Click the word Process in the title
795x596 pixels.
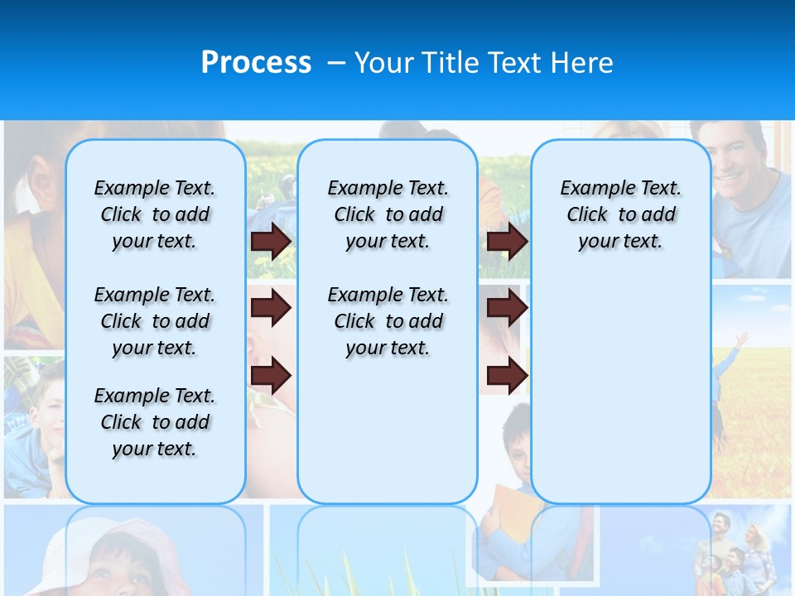(x=256, y=63)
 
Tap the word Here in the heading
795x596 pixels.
(x=582, y=63)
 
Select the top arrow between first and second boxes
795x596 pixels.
(x=271, y=241)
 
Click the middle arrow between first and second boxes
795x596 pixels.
(x=271, y=308)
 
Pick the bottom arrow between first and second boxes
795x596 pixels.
(x=271, y=375)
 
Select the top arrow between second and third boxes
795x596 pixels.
(x=507, y=241)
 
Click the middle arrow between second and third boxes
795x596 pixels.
(x=507, y=308)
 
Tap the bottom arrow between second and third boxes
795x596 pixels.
(x=507, y=375)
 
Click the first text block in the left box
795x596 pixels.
(x=155, y=214)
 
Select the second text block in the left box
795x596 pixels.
(x=155, y=321)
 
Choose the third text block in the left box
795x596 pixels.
(x=155, y=422)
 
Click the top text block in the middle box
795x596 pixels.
(x=388, y=214)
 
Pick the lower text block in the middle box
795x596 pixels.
(x=388, y=321)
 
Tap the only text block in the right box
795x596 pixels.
(x=620, y=214)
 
